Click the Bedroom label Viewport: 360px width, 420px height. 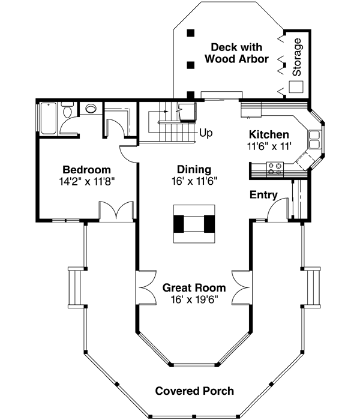87,169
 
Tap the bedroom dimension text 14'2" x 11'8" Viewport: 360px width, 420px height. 87,179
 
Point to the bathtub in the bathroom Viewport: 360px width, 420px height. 48,118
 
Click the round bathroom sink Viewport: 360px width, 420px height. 91,110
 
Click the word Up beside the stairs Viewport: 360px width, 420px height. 205,133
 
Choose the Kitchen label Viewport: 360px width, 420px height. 269,134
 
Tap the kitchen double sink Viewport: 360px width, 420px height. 314,139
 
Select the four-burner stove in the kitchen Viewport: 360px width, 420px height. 276,169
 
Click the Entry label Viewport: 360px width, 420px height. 263,194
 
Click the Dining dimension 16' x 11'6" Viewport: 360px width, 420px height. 194,179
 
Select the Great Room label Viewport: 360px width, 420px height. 194,288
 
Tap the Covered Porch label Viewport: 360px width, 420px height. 194,391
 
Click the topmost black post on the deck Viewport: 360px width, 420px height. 191,34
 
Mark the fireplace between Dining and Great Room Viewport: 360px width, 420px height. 194,223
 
